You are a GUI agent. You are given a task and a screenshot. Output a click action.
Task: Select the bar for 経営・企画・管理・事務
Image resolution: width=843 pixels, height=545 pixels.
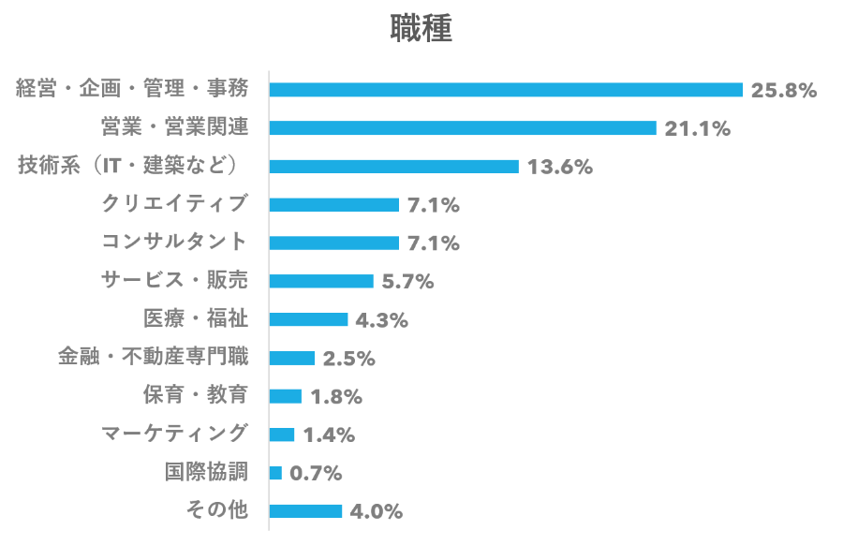coord(506,90)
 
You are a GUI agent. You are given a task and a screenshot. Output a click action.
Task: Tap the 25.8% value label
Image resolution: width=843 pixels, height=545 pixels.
coord(784,91)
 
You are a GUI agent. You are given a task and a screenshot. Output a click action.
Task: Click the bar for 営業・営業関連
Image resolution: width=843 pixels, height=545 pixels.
coord(463,128)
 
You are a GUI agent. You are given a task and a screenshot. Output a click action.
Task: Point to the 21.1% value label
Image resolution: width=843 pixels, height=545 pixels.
coord(697,129)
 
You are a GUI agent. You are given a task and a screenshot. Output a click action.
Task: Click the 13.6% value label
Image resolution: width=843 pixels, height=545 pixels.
coord(559,168)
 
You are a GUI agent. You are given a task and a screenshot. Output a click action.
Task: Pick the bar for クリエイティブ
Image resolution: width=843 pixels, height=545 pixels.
coord(334,205)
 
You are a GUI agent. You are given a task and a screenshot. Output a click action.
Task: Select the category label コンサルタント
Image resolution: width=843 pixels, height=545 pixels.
coord(175,242)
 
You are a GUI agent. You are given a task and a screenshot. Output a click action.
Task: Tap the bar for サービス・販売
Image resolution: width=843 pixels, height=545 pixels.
coord(321,282)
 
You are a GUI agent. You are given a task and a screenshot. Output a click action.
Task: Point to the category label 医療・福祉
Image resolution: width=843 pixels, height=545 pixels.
coord(195,318)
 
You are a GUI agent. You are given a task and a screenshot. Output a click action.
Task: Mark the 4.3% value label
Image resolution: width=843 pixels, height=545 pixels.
coord(381,320)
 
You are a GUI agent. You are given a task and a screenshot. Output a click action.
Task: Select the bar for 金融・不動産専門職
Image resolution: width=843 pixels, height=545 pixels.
coord(292,358)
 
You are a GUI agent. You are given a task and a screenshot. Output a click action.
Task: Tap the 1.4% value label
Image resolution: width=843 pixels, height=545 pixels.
coord(329,435)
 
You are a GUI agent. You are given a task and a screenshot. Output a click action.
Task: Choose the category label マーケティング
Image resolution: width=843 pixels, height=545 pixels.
coord(175,433)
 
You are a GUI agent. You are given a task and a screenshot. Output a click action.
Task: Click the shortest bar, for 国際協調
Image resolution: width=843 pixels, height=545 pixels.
coord(275,473)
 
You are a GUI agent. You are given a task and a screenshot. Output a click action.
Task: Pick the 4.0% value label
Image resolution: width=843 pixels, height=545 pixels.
coord(376,511)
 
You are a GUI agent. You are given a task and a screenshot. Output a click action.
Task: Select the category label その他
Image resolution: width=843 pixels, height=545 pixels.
coord(216,510)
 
